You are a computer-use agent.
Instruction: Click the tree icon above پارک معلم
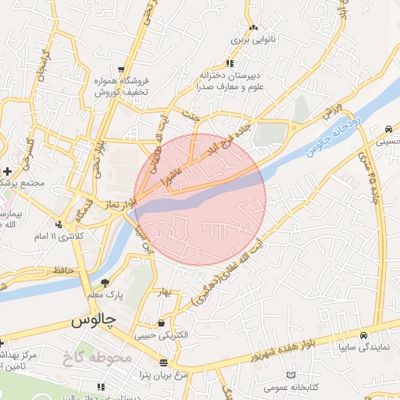click(105, 283)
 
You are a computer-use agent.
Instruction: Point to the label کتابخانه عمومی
click(291, 387)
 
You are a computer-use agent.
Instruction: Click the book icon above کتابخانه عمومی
click(291, 376)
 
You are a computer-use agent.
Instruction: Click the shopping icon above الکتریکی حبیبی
click(161, 323)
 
